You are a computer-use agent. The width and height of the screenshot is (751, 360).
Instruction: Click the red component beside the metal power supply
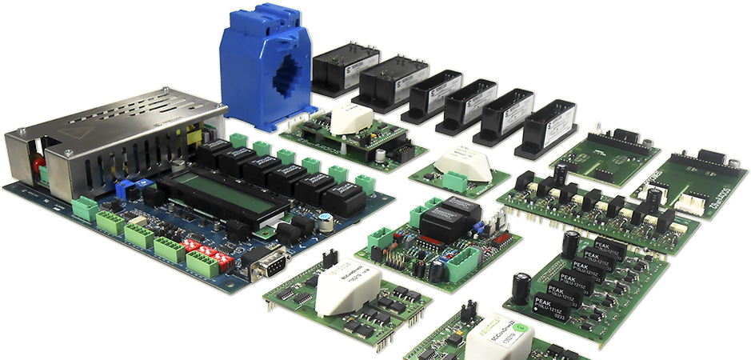click(38, 166)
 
